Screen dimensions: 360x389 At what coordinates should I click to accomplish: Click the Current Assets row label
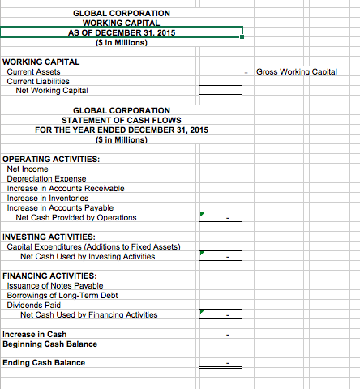pos(33,72)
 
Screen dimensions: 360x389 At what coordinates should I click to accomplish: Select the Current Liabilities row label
pos(38,81)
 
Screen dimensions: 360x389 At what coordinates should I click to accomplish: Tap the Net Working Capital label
pos(52,91)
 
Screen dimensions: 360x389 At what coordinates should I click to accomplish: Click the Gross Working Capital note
pos(296,72)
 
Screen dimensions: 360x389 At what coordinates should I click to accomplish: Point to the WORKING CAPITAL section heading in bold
pos(41,62)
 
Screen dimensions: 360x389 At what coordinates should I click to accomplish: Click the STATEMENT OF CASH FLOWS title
pos(121,120)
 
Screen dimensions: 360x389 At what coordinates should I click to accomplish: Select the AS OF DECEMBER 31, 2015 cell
pos(121,32)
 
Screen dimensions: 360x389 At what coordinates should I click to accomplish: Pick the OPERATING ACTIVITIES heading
pos(51,160)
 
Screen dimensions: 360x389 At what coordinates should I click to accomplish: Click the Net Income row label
pos(28,169)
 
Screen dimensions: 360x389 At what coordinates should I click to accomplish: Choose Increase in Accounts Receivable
pos(65,188)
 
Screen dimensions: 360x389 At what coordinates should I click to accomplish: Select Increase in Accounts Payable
pos(59,207)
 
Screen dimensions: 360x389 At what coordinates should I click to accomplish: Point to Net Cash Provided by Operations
pos(76,217)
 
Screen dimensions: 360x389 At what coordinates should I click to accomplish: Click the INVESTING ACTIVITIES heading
pos(49,237)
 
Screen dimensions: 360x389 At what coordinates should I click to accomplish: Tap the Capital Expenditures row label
pos(93,246)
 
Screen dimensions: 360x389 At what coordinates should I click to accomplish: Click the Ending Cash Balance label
pos(44,362)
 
